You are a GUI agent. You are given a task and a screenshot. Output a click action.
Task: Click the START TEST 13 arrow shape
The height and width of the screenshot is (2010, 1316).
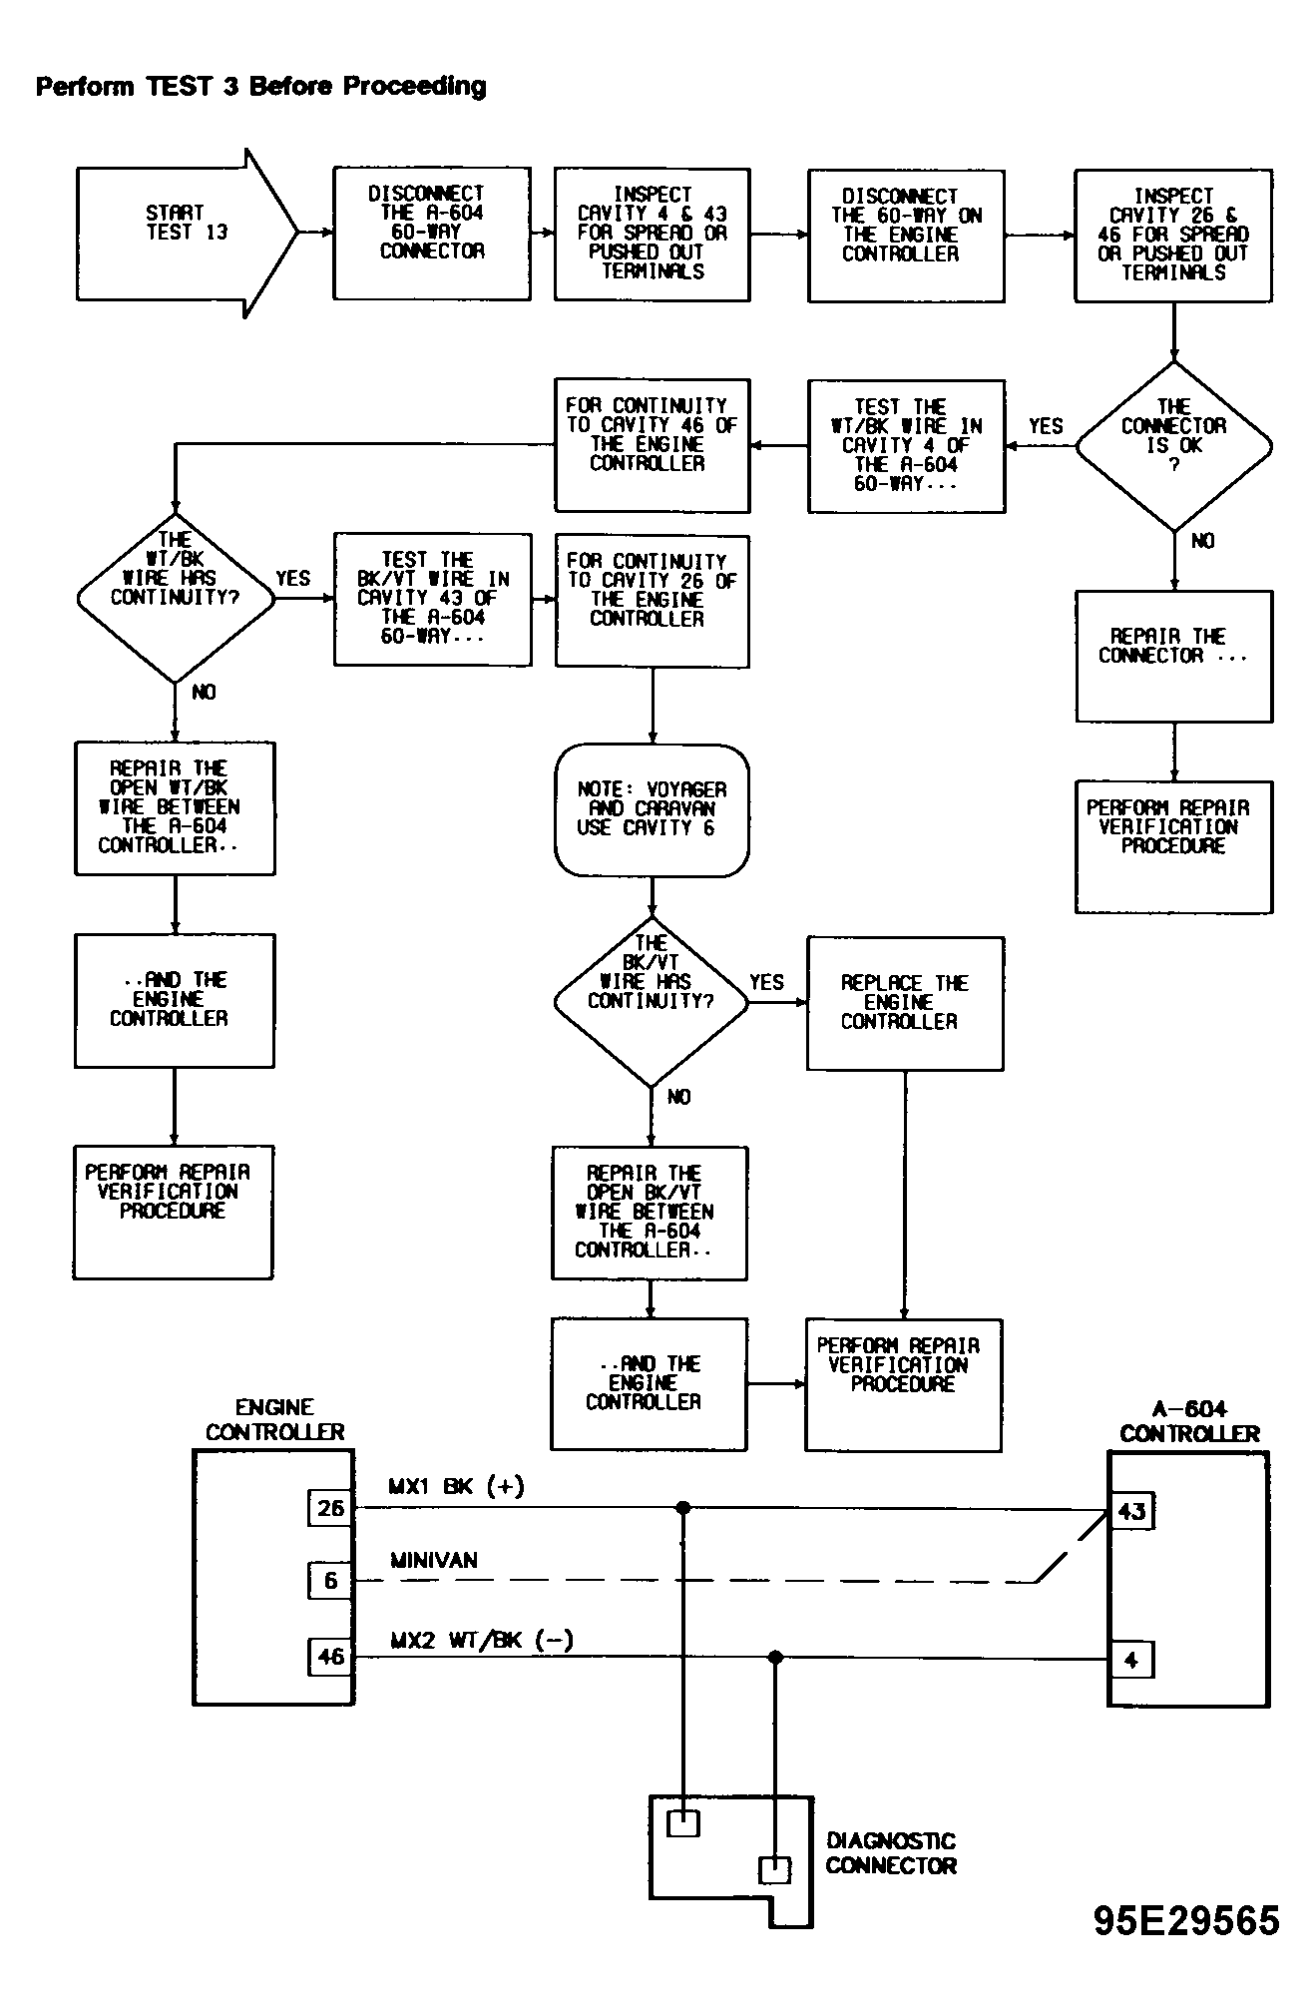coord(188,234)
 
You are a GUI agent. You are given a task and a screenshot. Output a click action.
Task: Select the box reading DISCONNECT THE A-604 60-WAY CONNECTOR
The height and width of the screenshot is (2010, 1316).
coord(432,234)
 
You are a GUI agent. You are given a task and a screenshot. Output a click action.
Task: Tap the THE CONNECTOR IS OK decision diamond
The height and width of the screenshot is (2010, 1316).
coord(1173,446)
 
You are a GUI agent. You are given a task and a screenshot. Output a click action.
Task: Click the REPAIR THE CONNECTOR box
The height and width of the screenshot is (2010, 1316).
coord(1173,657)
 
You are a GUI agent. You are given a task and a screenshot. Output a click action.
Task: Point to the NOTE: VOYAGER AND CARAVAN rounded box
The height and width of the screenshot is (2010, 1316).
coord(652,810)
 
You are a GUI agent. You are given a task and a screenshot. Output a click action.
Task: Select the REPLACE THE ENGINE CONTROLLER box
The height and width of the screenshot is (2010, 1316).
coord(905,1003)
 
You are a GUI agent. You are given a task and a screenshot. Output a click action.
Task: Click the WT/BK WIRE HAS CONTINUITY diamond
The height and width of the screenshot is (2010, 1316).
coord(176,598)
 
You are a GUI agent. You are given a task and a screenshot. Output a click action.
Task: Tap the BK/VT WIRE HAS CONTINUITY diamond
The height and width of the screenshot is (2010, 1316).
coord(652,1001)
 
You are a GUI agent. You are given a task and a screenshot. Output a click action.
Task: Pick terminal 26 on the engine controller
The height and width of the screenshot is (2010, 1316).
coord(330,1508)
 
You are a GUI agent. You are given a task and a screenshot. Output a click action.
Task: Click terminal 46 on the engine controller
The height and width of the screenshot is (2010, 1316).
coord(330,1657)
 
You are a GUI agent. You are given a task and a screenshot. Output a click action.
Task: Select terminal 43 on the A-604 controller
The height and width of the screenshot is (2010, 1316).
coord(1131,1510)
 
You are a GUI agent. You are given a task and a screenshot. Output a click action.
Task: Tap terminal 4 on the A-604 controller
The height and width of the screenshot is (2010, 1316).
coord(1131,1661)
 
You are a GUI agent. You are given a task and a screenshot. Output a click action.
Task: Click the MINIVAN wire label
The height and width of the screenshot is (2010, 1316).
coord(434,1560)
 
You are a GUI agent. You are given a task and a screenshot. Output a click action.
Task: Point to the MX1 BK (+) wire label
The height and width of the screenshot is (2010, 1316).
coord(456,1486)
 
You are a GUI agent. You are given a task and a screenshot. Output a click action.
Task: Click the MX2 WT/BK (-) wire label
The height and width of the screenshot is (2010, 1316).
coord(481,1640)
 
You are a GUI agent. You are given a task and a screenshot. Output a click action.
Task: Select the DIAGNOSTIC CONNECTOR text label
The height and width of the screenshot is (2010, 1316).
coord(891,1853)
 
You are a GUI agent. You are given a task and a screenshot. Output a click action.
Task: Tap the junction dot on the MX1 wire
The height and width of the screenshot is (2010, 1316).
coord(683,1508)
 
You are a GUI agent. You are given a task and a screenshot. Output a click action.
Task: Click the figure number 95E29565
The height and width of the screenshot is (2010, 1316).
coord(1186,1920)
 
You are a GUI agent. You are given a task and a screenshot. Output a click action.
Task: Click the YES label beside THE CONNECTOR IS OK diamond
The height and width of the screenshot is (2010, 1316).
coord(1046,426)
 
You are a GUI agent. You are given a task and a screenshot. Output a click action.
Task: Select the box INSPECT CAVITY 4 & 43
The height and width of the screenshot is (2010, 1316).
coord(652,235)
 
